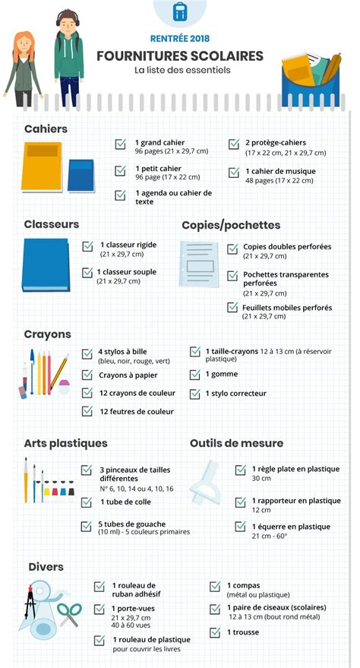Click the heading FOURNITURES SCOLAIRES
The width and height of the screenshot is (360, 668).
(180, 55)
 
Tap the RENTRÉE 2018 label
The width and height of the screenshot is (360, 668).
(180, 37)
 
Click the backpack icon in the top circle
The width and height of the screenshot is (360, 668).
(180, 11)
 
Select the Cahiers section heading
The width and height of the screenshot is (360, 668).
(46, 129)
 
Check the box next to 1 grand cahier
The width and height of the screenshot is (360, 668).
(120, 144)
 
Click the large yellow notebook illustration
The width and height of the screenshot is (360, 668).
(41, 168)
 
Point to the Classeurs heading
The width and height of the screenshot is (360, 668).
(51, 224)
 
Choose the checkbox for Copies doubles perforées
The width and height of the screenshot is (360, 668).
(232, 248)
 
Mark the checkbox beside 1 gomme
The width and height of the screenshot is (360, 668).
(195, 375)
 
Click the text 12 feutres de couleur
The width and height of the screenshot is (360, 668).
(137, 411)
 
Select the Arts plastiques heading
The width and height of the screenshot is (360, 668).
(65, 443)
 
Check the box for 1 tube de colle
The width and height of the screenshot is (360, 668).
(86, 502)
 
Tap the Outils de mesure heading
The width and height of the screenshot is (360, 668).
(236, 443)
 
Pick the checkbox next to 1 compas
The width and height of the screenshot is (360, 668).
(215, 586)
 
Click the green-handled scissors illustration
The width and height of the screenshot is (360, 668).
(68, 613)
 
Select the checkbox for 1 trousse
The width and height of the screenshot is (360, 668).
(215, 632)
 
